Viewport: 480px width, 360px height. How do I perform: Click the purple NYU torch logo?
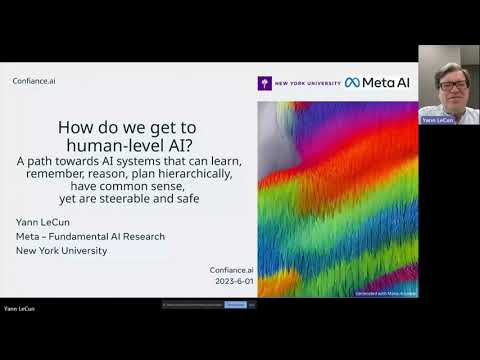[x=264, y=83]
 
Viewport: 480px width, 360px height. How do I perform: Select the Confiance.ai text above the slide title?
[x=33, y=81]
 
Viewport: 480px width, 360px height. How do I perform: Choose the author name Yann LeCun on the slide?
[x=43, y=222]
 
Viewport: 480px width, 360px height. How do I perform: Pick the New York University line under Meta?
[x=61, y=250]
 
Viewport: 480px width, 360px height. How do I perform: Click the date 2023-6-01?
[x=229, y=282]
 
